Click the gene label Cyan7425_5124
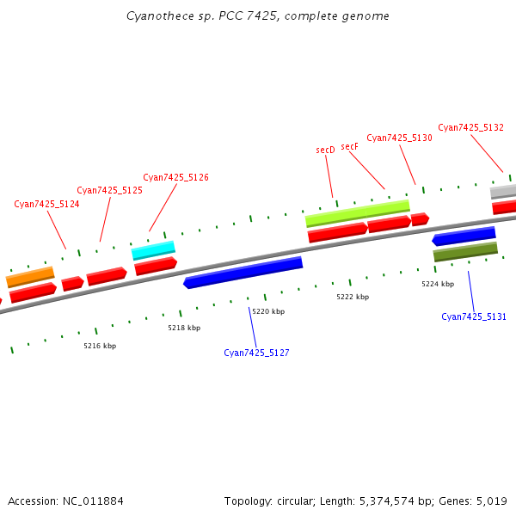46,204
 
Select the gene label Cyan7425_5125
109,190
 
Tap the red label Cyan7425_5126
175,177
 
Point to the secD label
325,150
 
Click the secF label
349,146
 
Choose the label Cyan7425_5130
399,138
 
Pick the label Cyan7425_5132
470,127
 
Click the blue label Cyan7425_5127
256,353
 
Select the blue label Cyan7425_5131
474,316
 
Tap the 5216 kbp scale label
100,346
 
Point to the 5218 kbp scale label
184,328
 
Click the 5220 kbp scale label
268,311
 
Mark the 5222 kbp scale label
353,297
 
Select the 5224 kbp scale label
438,283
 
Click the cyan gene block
153,250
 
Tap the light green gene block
357,212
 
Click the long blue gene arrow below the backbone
243,272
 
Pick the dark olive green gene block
465,251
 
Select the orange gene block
30,277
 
